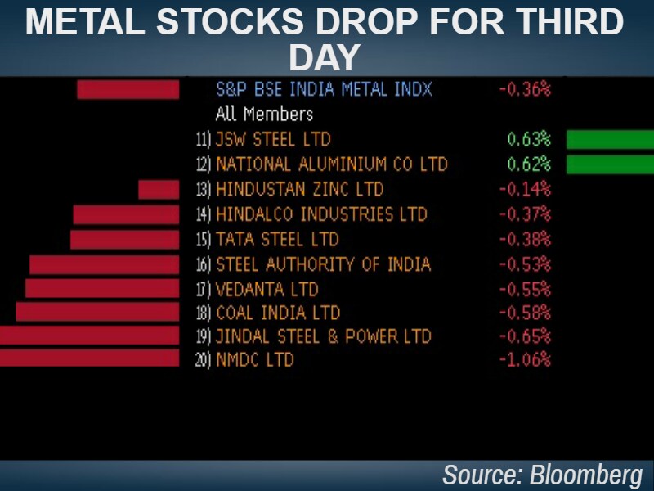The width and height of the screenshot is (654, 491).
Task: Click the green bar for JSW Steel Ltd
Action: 610,139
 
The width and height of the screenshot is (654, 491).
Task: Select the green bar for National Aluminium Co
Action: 610,164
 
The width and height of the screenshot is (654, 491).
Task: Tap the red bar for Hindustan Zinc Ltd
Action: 159,190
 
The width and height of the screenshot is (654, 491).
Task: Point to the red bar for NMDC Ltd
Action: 89,358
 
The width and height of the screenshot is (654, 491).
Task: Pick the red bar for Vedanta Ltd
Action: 102,288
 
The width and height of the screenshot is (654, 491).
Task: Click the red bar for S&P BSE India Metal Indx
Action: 128,89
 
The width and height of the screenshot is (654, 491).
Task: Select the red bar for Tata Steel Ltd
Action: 124,240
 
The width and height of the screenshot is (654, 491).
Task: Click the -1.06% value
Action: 525,359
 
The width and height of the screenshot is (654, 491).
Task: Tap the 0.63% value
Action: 529,139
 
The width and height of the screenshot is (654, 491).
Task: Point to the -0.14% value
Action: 525,190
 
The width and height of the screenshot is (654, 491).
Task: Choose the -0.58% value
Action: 525,313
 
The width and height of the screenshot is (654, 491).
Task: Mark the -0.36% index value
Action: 525,89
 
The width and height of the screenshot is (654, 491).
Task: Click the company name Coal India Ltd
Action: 278,313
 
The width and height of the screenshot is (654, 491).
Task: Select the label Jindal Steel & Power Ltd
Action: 324,336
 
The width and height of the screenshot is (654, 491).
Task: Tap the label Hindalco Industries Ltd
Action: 321,214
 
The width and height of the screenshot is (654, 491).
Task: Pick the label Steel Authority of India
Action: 324,264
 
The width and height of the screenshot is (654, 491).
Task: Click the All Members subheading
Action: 264,114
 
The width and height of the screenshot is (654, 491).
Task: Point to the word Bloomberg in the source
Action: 586,475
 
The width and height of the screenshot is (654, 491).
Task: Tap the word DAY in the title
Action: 325,57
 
